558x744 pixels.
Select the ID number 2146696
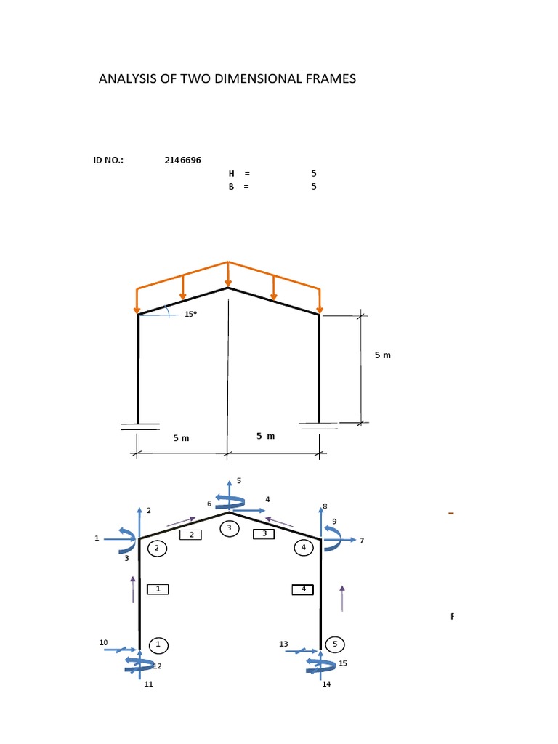(183, 161)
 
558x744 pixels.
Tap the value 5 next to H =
(314, 174)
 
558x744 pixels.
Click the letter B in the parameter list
(232, 187)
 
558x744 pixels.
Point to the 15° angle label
(190, 315)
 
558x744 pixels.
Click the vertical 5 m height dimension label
(383, 355)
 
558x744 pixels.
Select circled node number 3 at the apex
(229, 528)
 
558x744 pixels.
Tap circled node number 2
(157, 549)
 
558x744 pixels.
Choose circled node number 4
(303, 547)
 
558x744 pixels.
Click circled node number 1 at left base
(158, 644)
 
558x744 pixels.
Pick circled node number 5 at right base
(335, 644)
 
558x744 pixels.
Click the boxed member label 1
(158, 589)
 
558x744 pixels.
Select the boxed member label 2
(190, 535)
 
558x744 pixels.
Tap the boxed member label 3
(264, 534)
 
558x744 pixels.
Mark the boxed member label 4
(303, 589)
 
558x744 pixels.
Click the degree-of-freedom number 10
(103, 642)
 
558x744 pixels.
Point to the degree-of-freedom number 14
(326, 684)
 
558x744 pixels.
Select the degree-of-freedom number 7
(361, 541)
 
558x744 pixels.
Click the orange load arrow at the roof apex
(228, 275)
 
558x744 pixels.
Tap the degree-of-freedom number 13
(283, 644)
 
